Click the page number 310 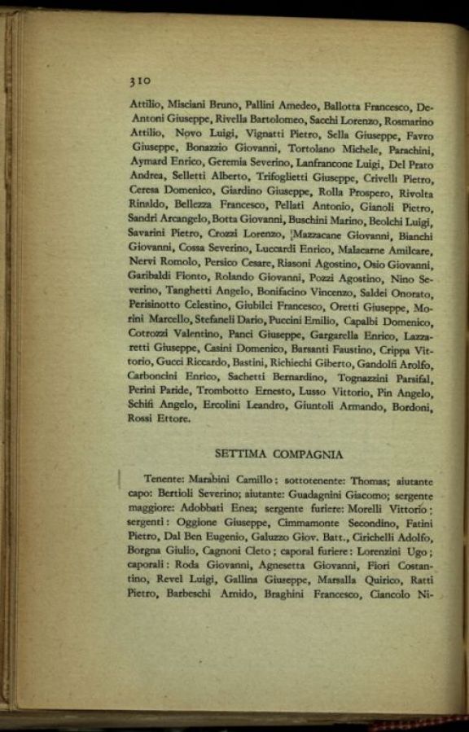[140, 81]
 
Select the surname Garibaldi [151, 277]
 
